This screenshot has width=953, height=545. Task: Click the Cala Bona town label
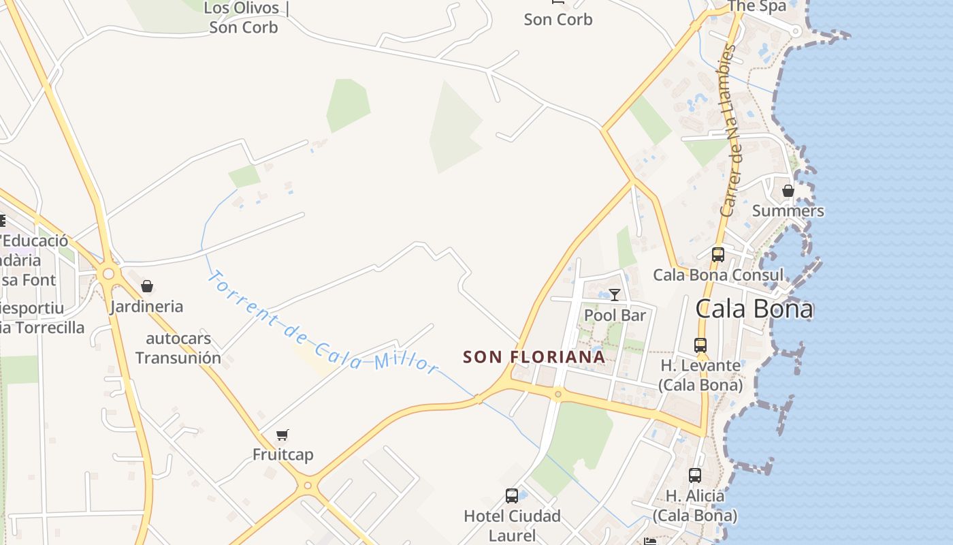pyautogui.click(x=754, y=309)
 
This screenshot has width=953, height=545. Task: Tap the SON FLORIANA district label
pyautogui.click(x=534, y=357)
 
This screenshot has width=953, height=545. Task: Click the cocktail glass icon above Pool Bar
pyautogui.click(x=615, y=295)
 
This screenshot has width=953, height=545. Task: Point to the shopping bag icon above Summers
pyautogui.click(x=788, y=191)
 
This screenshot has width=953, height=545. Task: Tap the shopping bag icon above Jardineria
pyautogui.click(x=147, y=286)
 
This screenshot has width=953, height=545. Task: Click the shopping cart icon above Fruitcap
pyautogui.click(x=282, y=435)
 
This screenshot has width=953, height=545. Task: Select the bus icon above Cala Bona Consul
pyautogui.click(x=717, y=255)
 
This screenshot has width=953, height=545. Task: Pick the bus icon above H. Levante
pyautogui.click(x=700, y=345)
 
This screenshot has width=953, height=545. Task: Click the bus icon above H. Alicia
pyautogui.click(x=694, y=476)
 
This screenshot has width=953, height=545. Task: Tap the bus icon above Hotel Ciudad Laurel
pyautogui.click(x=512, y=496)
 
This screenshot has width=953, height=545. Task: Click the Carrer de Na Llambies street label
pyautogui.click(x=730, y=130)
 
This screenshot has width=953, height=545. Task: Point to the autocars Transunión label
pyautogui.click(x=178, y=348)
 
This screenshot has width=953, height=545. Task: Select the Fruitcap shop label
pyautogui.click(x=282, y=454)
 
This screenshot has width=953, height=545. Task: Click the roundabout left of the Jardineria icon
pyautogui.click(x=107, y=274)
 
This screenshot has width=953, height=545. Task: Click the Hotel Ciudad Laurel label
pyautogui.click(x=512, y=525)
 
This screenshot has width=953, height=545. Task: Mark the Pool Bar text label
pyautogui.click(x=615, y=315)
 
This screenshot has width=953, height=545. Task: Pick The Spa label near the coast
pyautogui.click(x=756, y=6)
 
